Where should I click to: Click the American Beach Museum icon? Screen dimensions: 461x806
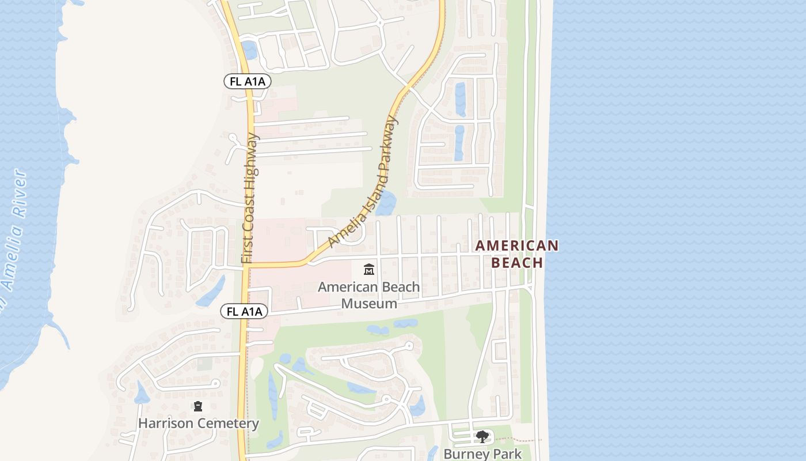369,269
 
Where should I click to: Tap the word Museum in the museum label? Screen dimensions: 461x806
369,303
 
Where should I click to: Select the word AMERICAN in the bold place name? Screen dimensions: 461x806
516,246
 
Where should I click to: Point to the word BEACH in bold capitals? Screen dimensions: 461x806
516,263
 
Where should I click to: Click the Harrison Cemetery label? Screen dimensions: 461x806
198,424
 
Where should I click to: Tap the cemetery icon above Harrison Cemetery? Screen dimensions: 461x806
198,407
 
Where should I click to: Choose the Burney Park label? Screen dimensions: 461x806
482,454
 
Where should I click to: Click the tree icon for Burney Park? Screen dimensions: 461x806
482,437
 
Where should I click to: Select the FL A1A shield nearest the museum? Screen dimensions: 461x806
245,312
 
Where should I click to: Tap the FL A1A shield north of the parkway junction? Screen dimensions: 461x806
247,81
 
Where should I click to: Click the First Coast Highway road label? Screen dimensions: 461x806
250,199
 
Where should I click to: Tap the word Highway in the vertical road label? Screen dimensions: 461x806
252,158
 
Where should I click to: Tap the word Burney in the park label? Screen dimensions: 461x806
464,454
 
